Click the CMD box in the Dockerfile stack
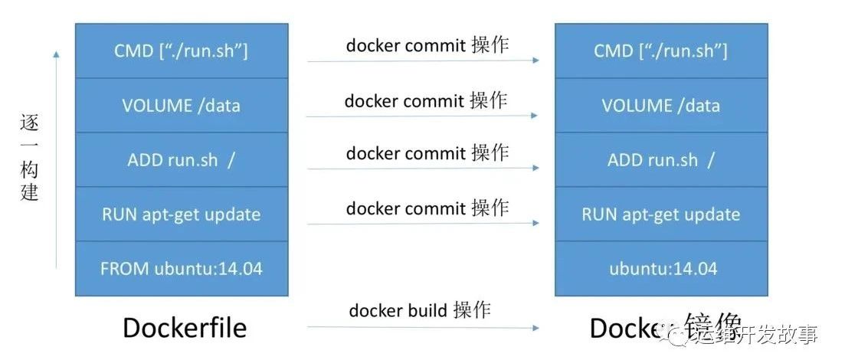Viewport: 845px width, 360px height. click(182, 51)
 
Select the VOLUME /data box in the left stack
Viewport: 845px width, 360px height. click(182, 105)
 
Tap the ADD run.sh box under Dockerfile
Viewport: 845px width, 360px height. click(182, 159)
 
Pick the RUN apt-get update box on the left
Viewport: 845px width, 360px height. click(182, 214)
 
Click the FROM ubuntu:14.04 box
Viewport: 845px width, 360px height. click(182, 269)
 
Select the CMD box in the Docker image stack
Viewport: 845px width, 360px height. click(660, 51)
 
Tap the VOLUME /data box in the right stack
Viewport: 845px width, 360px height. click(660, 105)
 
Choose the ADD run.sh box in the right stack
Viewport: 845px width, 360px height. click(660, 159)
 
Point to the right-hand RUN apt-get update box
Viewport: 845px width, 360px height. click(660, 214)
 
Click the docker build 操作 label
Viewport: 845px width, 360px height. click(420, 310)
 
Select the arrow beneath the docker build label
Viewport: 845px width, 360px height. click(423, 327)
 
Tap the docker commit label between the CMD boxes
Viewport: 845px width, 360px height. click(427, 45)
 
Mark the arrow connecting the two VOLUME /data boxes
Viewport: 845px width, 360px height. click(423, 116)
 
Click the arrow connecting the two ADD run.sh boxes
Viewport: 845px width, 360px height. click(423, 169)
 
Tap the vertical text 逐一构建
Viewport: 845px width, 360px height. click(29, 158)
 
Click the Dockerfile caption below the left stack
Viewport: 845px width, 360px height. click(185, 328)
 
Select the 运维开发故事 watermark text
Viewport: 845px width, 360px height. click(759, 335)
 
